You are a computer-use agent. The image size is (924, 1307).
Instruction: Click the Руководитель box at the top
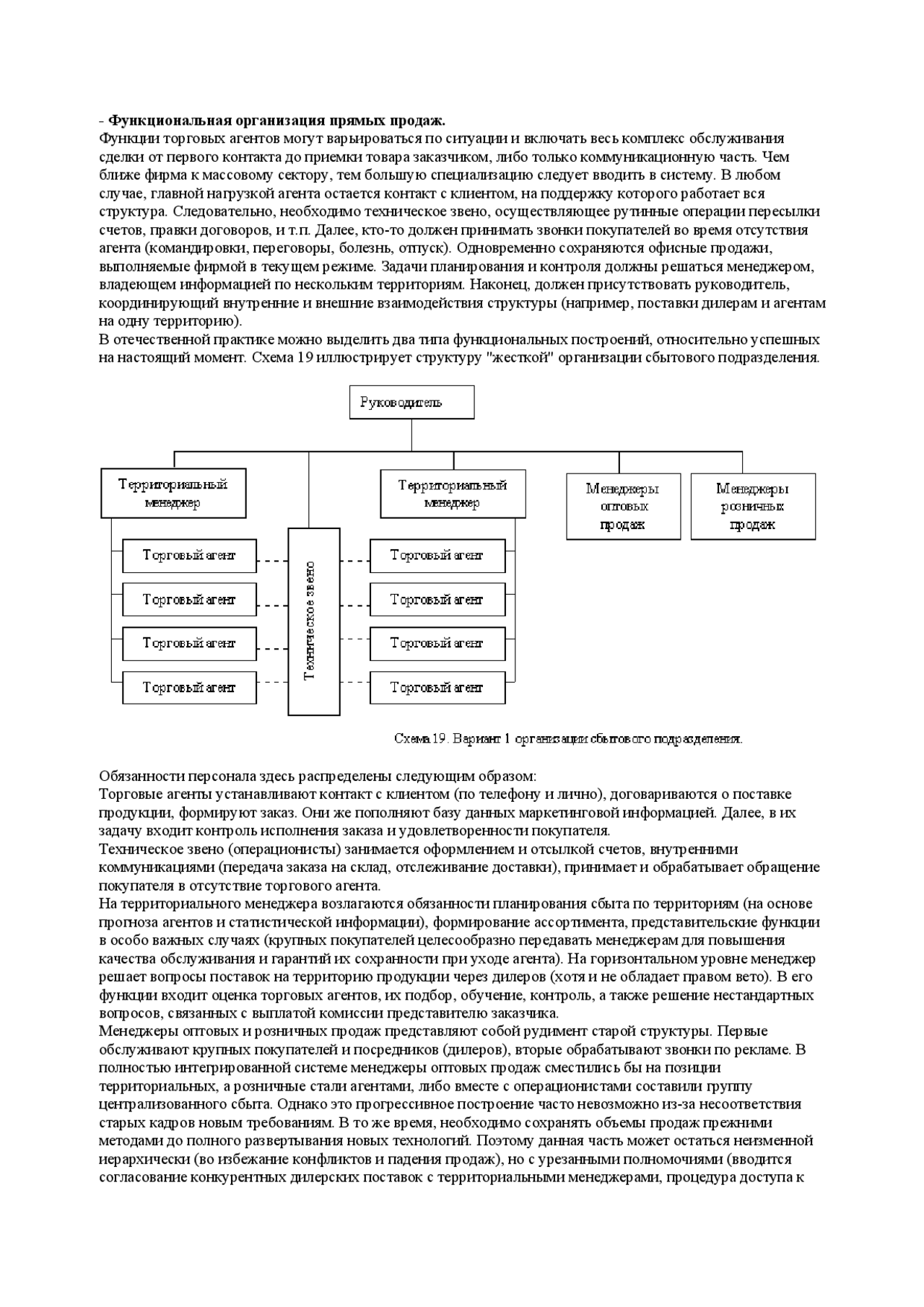(x=411, y=402)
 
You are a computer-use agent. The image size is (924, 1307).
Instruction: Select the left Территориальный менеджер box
(x=173, y=494)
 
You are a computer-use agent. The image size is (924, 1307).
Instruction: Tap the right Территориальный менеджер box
(x=453, y=494)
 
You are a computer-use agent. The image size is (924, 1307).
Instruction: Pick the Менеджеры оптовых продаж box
(x=623, y=506)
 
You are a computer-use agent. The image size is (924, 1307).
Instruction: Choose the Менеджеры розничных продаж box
(x=752, y=506)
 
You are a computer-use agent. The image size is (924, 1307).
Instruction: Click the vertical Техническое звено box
(x=313, y=621)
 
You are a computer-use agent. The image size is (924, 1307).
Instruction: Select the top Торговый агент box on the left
(x=189, y=556)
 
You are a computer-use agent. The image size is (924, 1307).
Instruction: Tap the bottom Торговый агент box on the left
(x=189, y=688)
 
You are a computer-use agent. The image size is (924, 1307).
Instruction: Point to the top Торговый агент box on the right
(x=437, y=556)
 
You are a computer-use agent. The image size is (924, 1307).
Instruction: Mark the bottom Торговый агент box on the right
(x=437, y=688)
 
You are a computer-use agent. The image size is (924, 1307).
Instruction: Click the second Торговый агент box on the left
(x=189, y=600)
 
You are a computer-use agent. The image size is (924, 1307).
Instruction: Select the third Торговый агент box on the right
(x=437, y=644)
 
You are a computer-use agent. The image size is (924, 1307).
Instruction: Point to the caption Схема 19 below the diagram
(x=568, y=739)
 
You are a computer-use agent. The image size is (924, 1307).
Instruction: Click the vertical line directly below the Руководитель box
(x=411, y=435)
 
